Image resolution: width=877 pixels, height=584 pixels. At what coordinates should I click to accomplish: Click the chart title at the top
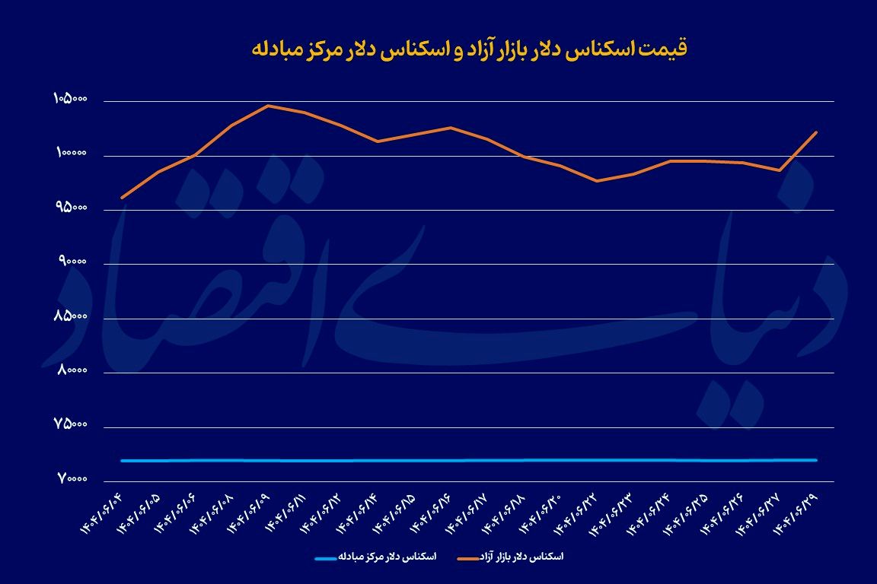(469, 49)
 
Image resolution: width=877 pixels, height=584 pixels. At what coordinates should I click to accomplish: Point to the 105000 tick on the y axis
(71, 100)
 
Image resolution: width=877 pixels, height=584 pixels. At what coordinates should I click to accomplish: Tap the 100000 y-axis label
(71, 154)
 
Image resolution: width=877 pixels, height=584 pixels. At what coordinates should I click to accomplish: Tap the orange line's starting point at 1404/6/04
(122, 198)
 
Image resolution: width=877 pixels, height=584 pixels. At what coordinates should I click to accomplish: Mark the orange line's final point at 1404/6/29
(817, 132)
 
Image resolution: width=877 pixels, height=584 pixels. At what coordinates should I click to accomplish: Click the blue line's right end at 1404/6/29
(817, 460)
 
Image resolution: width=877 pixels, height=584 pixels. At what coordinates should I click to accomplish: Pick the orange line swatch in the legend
(470, 557)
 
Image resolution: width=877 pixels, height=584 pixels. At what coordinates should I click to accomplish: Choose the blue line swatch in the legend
(329, 557)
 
